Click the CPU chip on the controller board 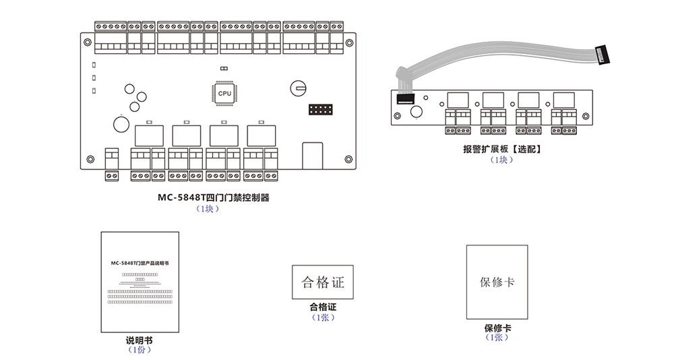coord(224,93)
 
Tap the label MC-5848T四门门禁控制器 coord(213,198)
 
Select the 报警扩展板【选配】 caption coord(502,150)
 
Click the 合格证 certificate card coord(322,282)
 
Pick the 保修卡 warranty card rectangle coord(497,282)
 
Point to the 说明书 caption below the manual coord(139,340)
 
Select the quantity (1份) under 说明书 coord(139,350)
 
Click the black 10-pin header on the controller coord(320,110)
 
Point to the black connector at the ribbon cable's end coord(604,55)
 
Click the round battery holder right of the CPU coord(299,87)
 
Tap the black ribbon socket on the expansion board coord(404,99)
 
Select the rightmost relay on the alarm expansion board coord(563,100)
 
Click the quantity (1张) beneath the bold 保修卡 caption coord(497,338)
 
